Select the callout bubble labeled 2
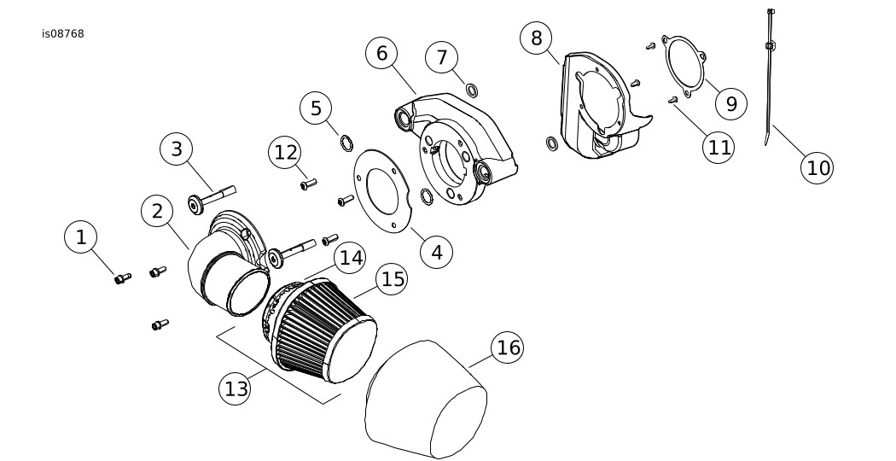[x=157, y=212]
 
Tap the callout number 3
[x=177, y=149]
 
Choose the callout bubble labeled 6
[x=381, y=53]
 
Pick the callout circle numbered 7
[x=441, y=57]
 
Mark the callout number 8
[x=536, y=38]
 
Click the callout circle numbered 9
[x=731, y=103]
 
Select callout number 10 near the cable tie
[x=817, y=167]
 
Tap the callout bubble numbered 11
[x=719, y=146]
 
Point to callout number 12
[x=284, y=153]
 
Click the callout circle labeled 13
[x=236, y=388]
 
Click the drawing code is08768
[x=62, y=34]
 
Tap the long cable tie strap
[x=771, y=77]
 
